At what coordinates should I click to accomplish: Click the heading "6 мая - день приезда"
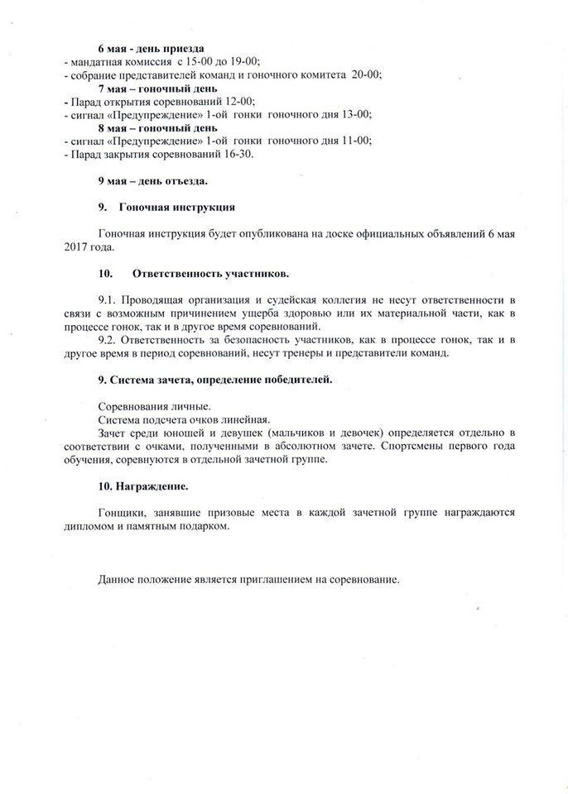click(151, 49)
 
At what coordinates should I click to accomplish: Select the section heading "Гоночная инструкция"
click(178, 207)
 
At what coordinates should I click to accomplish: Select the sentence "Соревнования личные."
click(153, 406)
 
